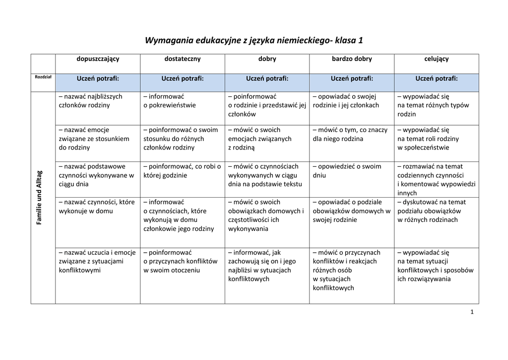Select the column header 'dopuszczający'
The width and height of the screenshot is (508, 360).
coord(98,59)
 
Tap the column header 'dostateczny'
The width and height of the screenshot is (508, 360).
coord(183,59)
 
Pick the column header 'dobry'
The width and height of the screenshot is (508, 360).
coord(267,59)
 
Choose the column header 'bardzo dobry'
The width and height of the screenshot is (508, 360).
coord(352,59)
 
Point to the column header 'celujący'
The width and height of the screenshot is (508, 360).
coord(437,59)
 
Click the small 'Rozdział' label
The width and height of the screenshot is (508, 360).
coord(43,77)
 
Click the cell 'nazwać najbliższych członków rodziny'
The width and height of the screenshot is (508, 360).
coord(90,101)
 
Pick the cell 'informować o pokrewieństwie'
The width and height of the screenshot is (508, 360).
coord(170,101)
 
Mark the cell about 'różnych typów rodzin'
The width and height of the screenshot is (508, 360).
coord(433,105)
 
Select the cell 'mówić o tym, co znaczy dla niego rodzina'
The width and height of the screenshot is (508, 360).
coord(350,135)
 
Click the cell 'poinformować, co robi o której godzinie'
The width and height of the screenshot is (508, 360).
coord(182,171)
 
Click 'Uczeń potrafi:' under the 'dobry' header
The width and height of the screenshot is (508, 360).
coord(267,78)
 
